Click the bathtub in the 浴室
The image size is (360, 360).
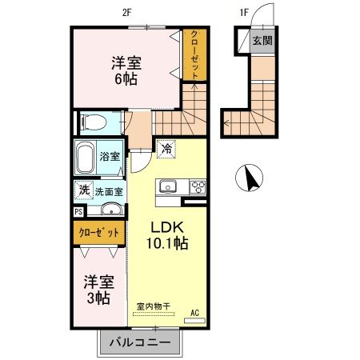tap(86, 157)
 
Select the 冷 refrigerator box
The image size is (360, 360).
tap(166, 148)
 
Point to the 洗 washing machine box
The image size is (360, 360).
tap(83, 190)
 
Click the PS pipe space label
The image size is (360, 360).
tap(78, 212)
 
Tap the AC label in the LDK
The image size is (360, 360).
tap(195, 313)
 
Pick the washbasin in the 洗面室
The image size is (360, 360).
tap(111, 211)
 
